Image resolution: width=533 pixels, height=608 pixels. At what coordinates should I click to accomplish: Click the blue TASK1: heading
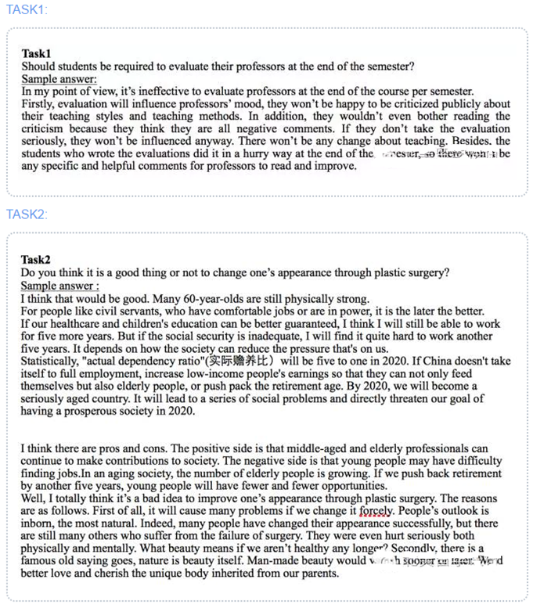[x=26, y=9]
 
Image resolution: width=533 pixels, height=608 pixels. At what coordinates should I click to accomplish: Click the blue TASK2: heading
[x=27, y=214]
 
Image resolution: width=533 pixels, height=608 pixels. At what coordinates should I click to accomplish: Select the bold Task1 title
[x=36, y=54]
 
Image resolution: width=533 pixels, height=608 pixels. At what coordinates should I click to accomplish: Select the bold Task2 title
[x=36, y=260]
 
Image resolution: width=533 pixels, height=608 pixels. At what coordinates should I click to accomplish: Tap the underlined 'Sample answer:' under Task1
[x=59, y=79]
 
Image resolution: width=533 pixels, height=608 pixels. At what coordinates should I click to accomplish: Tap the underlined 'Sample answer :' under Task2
[x=59, y=286]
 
